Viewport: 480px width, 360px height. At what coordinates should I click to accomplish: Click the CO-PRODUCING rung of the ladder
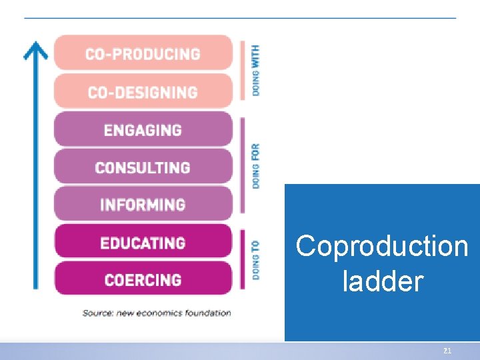tap(143, 54)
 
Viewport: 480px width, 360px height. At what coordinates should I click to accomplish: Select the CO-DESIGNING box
tap(143, 92)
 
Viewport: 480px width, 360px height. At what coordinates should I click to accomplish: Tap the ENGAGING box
tap(143, 129)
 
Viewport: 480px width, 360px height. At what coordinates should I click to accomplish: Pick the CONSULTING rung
tap(143, 167)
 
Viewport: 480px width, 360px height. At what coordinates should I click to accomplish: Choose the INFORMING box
tap(143, 204)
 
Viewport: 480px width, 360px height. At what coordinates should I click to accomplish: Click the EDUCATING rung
tap(143, 242)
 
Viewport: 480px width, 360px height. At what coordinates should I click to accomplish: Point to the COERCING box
tap(143, 279)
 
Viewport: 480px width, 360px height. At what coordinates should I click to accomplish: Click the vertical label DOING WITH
tap(256, 71)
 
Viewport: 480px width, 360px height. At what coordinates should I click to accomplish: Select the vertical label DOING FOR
tap(256, 165)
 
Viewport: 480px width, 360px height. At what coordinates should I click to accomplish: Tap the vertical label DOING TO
tap(256, 259)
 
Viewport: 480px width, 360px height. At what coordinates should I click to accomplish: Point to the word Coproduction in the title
tap(382, 246)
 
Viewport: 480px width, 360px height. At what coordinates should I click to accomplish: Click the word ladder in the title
tap(382, 281)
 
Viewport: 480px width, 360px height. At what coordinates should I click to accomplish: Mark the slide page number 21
tap(447, 351)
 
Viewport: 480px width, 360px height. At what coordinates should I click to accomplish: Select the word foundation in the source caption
tap(209, 313)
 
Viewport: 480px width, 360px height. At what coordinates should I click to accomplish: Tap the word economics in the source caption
tap(161, 313)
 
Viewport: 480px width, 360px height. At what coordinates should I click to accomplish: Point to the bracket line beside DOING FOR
tap(243, 165)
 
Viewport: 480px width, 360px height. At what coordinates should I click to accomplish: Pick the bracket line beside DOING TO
tap(243, 260)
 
